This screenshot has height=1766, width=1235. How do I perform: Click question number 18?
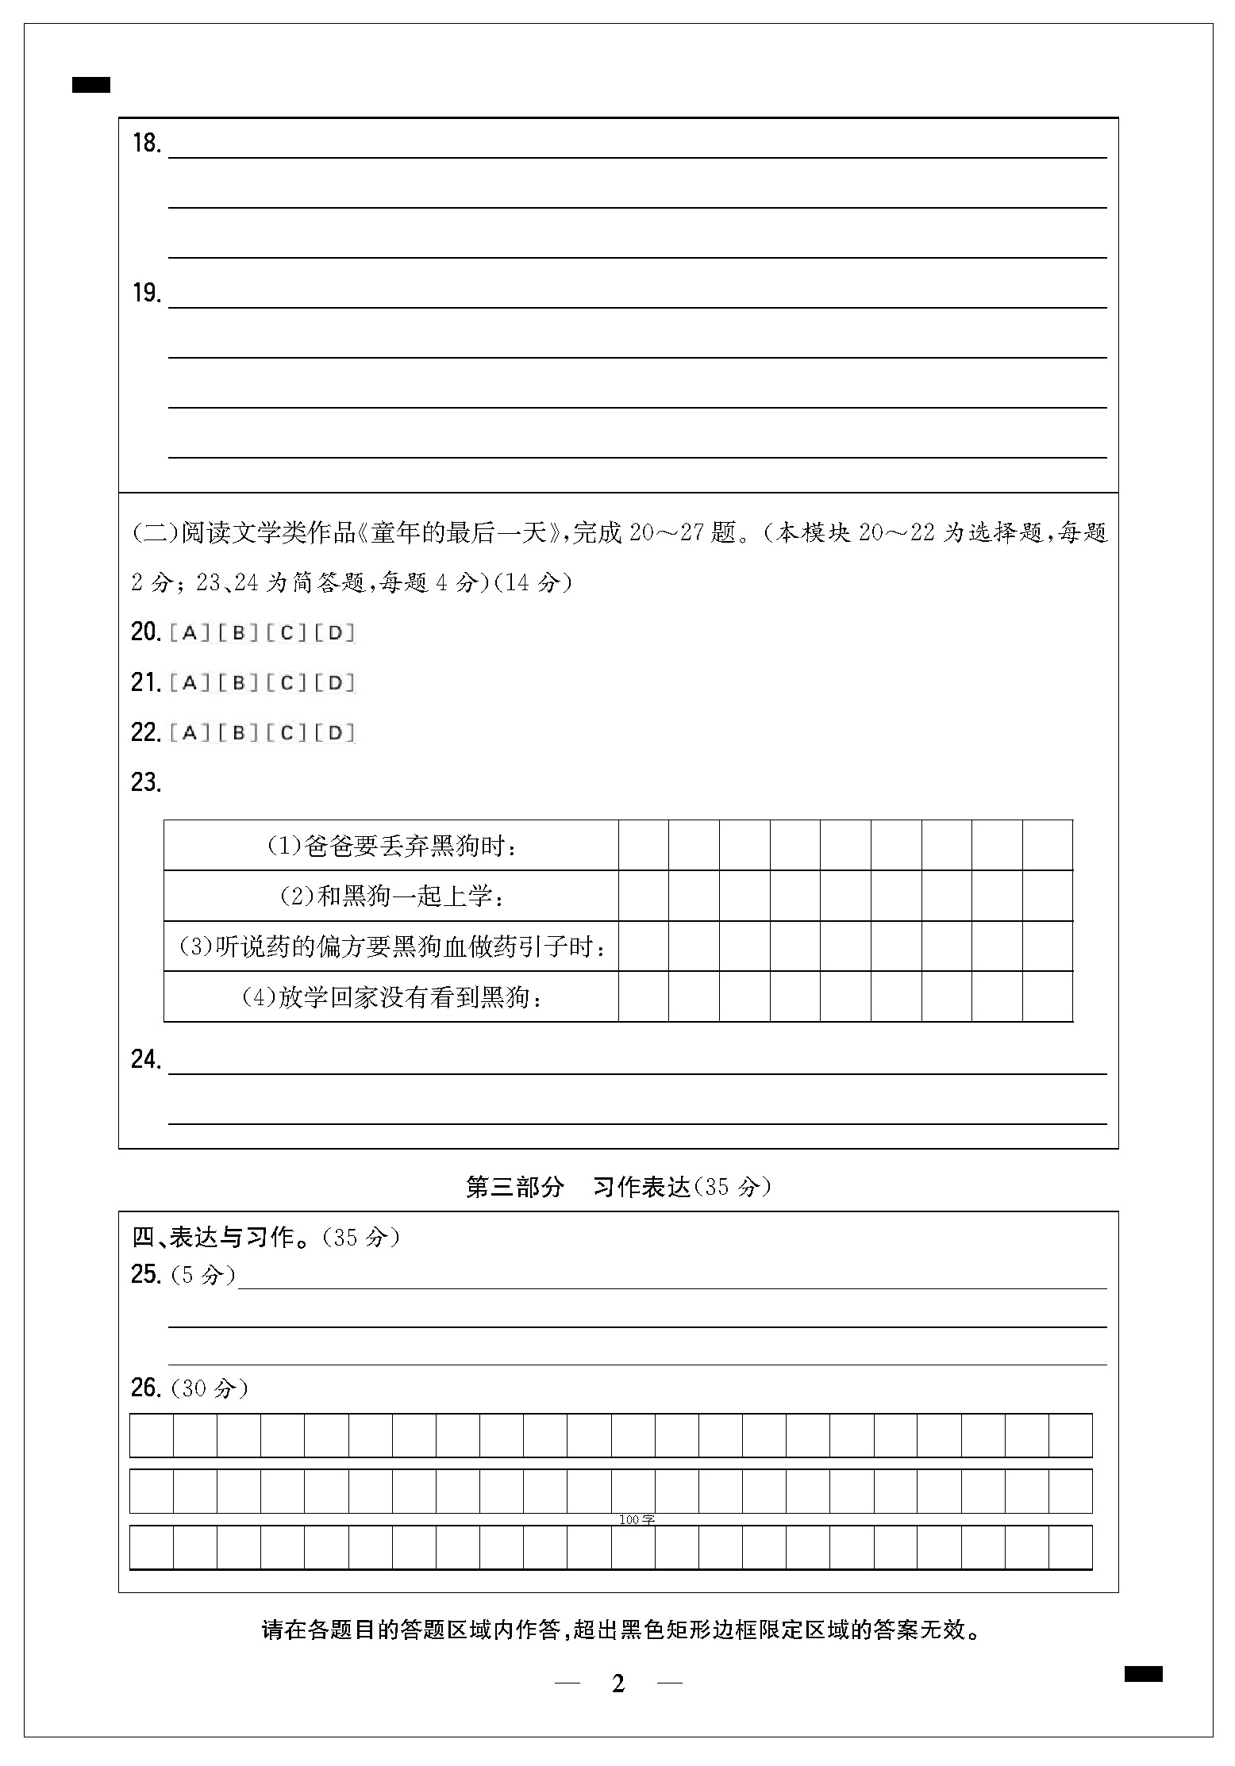[x=147, y=144]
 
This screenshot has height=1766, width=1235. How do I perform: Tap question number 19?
[x=147, y=294]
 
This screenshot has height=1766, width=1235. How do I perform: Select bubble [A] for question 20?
[x=189, y=633]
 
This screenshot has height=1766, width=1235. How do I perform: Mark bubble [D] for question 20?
[x=335, y=633]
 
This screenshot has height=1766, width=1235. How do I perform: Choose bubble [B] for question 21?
[x=238, y=683]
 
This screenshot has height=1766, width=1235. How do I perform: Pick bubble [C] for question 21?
[x=287, y=683]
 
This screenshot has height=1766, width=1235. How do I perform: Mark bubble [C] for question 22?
[x=287, y=733]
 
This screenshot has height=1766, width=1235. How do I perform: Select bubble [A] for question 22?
[x=189, y=733]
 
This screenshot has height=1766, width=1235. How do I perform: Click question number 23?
[x=147, y=783]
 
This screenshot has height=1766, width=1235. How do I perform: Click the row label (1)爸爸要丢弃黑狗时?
[x=391, y=847]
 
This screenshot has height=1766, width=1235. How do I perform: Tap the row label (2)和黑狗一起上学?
[x=391, y=896]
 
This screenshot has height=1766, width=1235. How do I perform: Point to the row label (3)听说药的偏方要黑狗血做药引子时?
[x=391, y=946]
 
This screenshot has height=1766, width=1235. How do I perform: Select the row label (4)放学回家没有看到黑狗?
[x=391, y=997]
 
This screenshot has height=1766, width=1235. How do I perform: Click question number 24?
[x=147, y=1060]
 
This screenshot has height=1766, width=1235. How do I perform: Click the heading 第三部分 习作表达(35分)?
[x=617, y=1187]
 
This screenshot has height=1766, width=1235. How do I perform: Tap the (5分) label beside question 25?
[x=203, y=1275]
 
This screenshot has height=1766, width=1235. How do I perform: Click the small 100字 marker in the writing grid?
[x=637, y=1520]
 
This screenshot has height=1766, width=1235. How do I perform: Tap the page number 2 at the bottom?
[x=618, y=1683]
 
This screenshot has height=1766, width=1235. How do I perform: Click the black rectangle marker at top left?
[x=91, y=85]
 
